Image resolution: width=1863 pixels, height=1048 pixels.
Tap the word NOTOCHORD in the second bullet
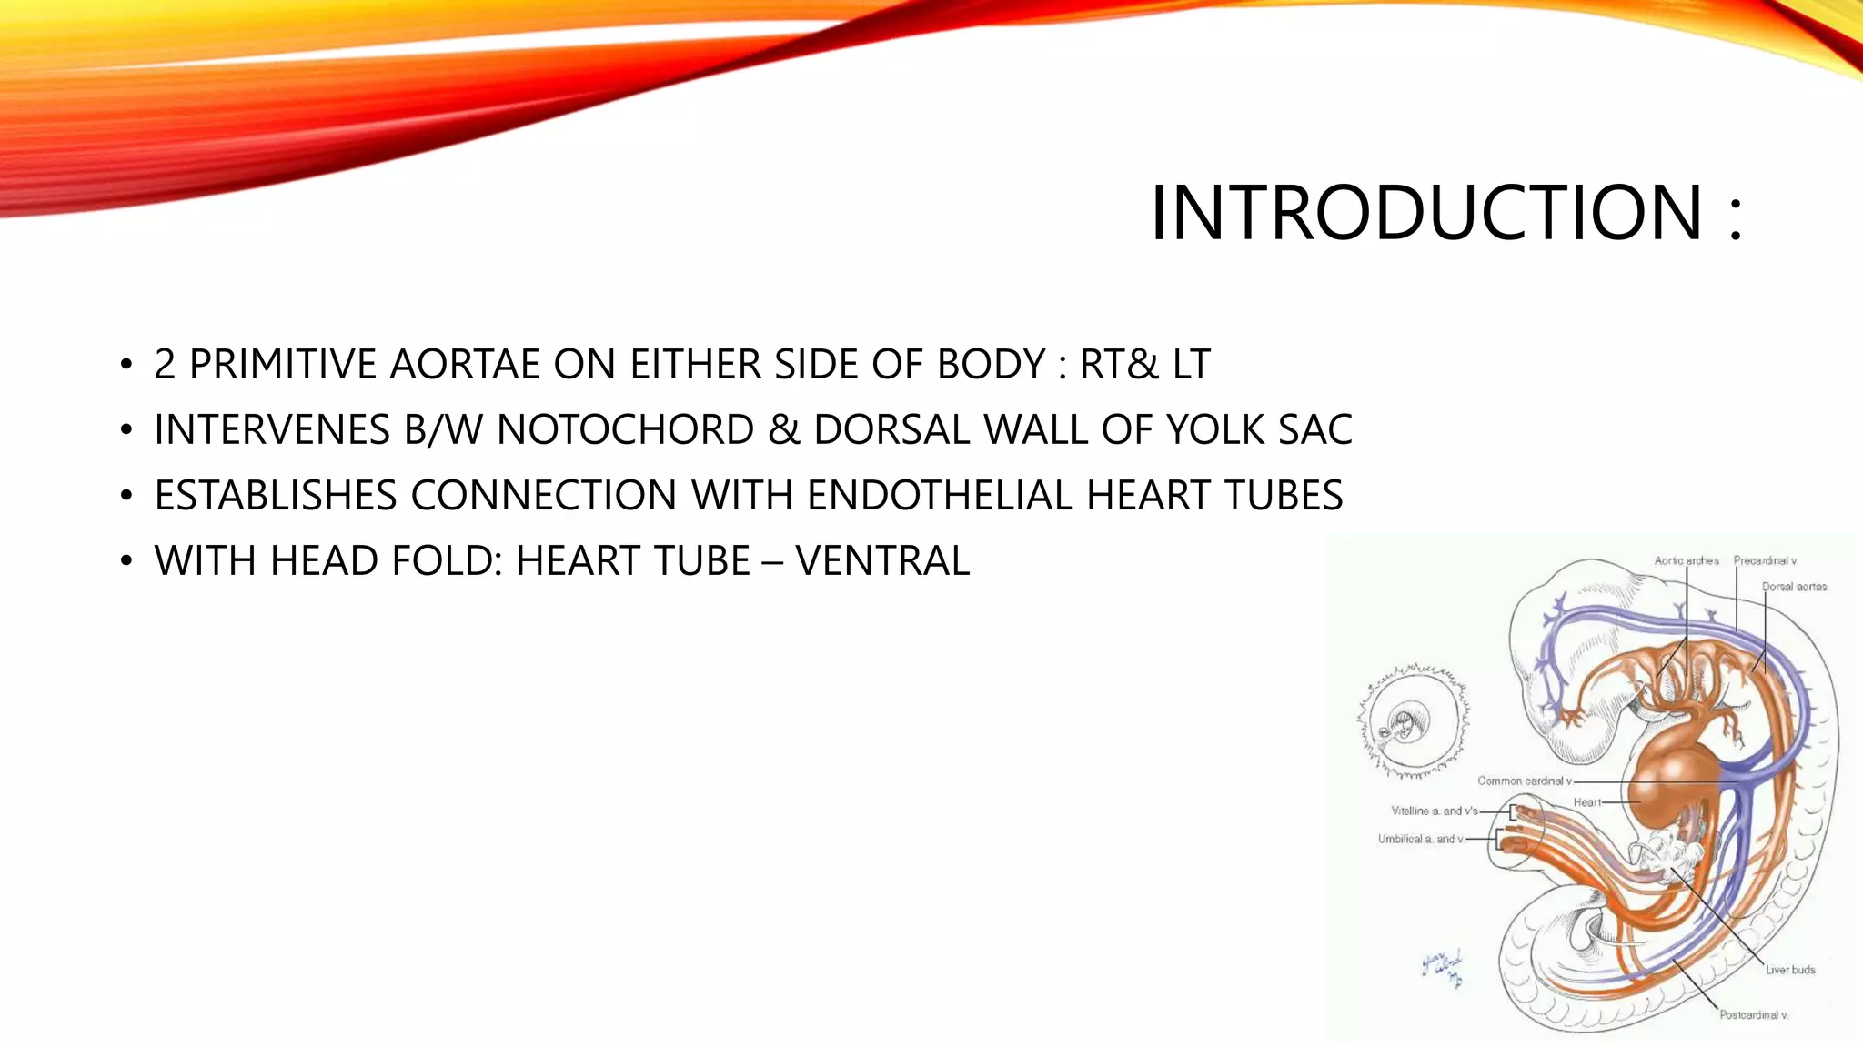(625, 430)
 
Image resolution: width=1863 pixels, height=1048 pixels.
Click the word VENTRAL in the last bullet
(882, 561)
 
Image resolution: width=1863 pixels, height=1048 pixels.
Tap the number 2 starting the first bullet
(165, 365)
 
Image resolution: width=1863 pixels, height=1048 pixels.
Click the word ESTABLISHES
(276, 496)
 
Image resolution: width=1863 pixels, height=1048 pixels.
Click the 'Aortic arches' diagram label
(1686, 561)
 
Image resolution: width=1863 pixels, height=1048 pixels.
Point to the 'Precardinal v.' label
(1764, 561)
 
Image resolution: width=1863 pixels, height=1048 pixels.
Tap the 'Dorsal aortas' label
(1794, 587)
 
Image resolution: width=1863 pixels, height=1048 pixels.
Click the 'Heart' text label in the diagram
(1586, 802)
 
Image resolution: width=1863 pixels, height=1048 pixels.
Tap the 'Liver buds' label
(1790, 970)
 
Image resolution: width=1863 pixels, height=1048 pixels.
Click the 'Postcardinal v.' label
(1753, 1014)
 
